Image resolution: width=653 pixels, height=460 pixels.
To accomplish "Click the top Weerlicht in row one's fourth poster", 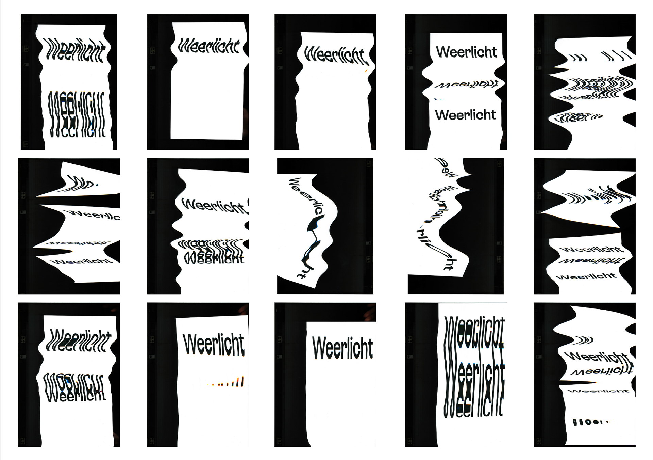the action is (466, 52).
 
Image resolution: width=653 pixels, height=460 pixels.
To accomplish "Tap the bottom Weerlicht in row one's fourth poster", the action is (465, 115).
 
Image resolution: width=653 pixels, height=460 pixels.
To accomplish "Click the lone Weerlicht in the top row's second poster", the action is (209, 46).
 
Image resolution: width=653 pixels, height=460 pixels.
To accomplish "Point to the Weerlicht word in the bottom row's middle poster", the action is (342, 348).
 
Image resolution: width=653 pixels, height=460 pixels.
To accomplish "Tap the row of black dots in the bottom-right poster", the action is (591, 422).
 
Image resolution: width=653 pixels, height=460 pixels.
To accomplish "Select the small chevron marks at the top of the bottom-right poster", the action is (584, 340).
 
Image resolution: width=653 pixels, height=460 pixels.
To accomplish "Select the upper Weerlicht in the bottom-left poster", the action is (78, 340).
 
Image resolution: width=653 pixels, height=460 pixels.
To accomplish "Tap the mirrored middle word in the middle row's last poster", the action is (591, 261).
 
